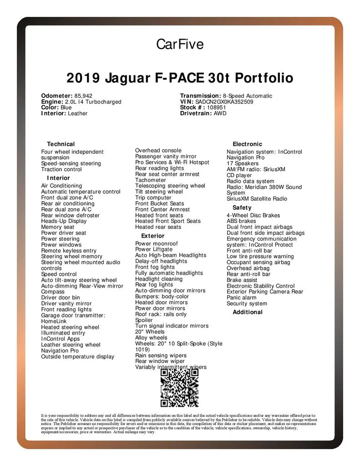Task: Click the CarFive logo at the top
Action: pyautogui.click(x=180, y=44)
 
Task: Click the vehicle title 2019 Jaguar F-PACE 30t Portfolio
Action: pyautogui.click(x=180, y=78)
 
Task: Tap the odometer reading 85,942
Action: pyautogui.click(x=83, y=96)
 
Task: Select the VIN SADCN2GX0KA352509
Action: pyautogui.click(x=224, y=102)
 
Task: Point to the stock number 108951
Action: pyautogui.click(x=216, y=108)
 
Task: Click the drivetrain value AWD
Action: pyautogui.click(x=220, y=113)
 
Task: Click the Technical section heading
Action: pyautogui.click(x=61, y=144)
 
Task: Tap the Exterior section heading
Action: pyautogui.click(x=152, y=236)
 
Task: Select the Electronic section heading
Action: pyautogui.click(x=247, y=144)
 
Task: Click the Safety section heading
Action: pyautogui.click(x=242, y=208)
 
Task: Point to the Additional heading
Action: pyautogui.click(x=247, y=312)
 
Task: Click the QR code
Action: pyautogui.click(x=179, y=388)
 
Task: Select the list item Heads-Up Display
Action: pyautogui.click(x=64, y=221)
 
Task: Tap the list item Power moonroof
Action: pyautogui.click(x=157, y=243)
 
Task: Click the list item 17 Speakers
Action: pyautogui.click(x=243, y=163)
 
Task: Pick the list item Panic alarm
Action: pyautogui.click(x=241, y=298)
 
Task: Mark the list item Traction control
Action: pyautogui.click(x=61, y=169)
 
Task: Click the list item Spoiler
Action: pyautogui.click(x=144, y=320)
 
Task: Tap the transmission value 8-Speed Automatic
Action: pyautogui.click(x=247, y=96)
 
